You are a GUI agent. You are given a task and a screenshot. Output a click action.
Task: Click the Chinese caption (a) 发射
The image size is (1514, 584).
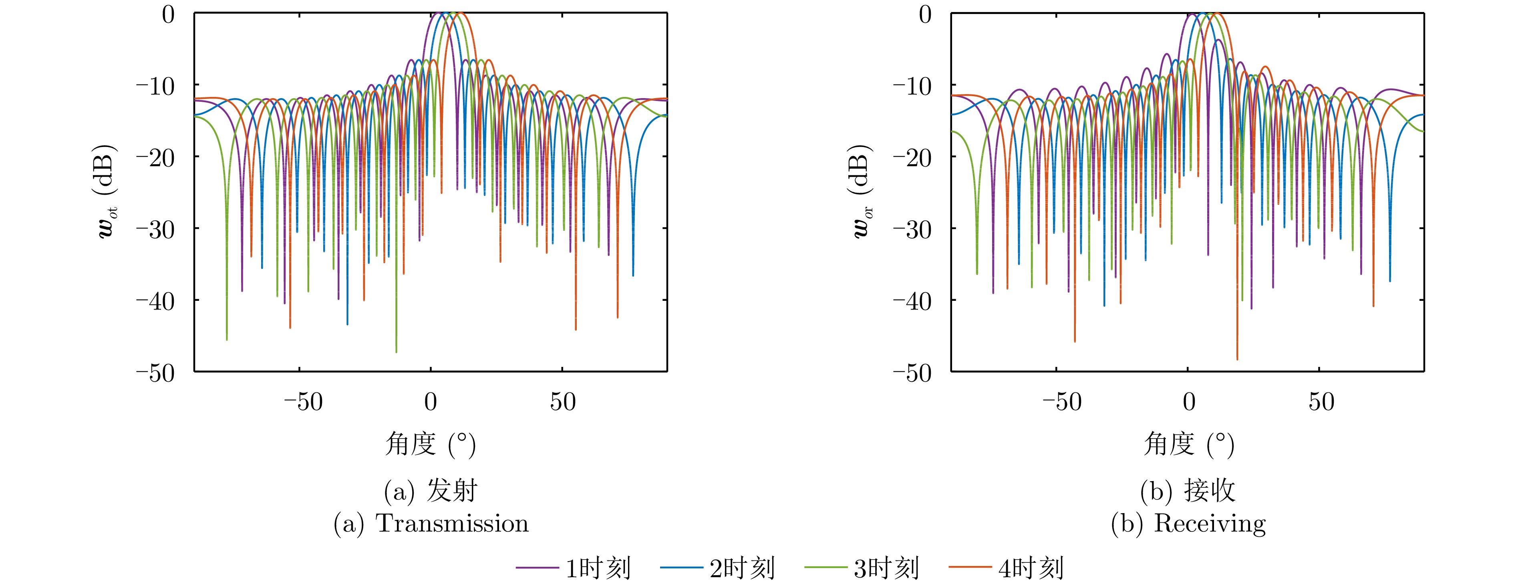pos(431,491)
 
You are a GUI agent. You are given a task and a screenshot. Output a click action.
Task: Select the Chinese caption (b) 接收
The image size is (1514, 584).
pos(1188,491)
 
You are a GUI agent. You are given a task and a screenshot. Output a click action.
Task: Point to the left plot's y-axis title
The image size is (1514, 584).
pos(108,191)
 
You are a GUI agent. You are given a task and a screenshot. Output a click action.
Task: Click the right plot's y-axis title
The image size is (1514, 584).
pos(863,191)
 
